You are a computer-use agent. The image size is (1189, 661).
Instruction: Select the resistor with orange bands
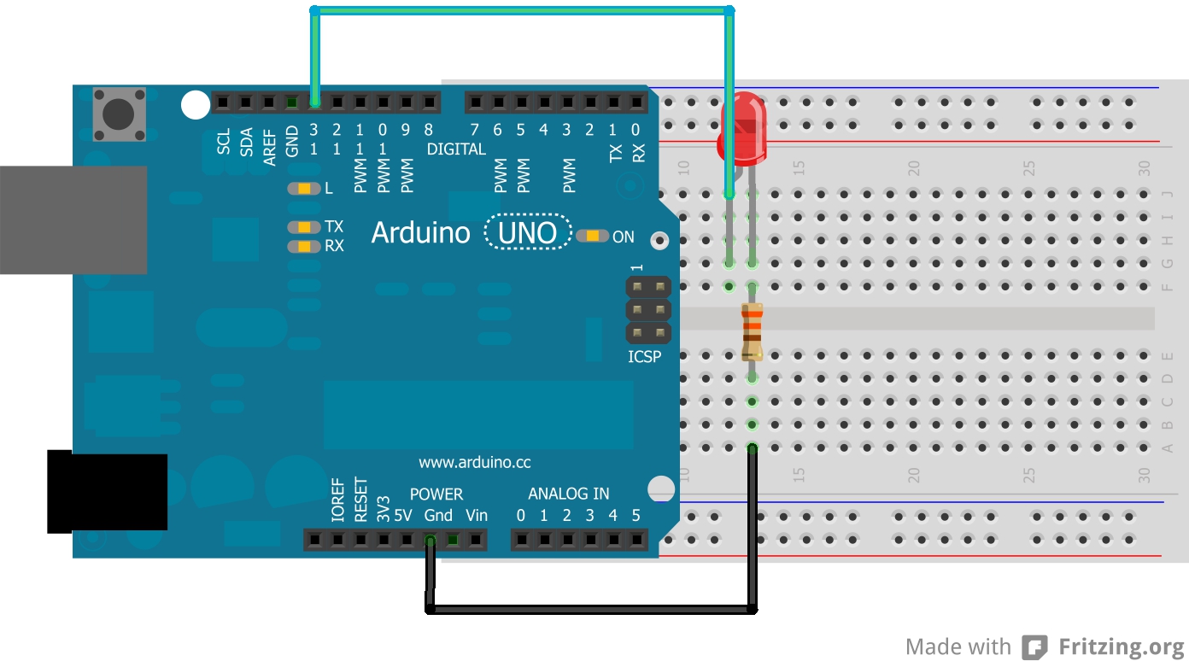pyautogui.click(x=753, y=331)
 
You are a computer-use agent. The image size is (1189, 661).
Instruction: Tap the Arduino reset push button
pyautogui.click(x=119, y=113)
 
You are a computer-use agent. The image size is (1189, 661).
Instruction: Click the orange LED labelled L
pyautogui.click(x=303, y=189)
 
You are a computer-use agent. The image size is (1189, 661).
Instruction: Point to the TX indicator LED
pyautogui.click(x=303, y=227)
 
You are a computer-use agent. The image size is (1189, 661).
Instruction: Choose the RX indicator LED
pyautogui.click(x=303, y=246)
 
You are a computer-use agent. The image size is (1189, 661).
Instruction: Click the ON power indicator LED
pyautogui.click(x=592, y=236)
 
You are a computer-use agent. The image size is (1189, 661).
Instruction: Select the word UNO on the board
pyautogui.click(x=528, y=232)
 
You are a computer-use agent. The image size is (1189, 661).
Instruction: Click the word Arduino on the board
pyautogui.click(x=420, y=233)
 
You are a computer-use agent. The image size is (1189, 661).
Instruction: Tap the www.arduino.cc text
pyautogui.click(x=474, y=463)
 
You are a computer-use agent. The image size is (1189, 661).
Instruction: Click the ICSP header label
pyautogui.click(x=645, y=356)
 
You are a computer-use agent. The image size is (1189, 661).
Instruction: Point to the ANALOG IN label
pyautogui.click(x=568, y=494)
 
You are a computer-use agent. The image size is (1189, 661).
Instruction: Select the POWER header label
pyautogui.click(x=436, y=494)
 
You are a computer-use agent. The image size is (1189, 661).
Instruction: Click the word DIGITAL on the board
pyautogui.click(x=456, y=149)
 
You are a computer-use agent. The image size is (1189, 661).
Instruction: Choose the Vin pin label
pyautogui.click(x=477, y=516)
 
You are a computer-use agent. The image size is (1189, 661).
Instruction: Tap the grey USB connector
pyautogui.click(x=73, y=219)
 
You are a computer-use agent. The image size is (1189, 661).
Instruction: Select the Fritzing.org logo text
pyautogui.click(x=1121, y=646)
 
